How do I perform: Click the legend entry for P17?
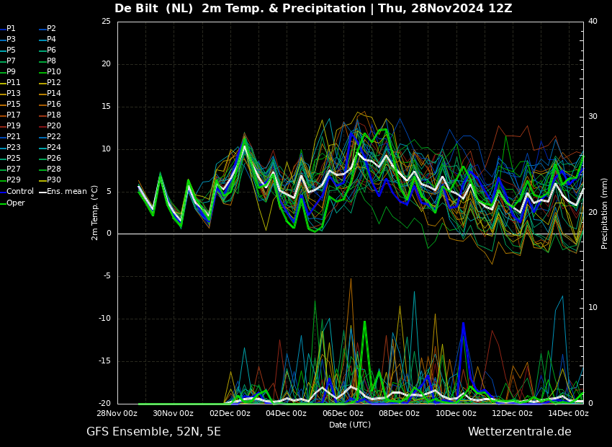[14, 115]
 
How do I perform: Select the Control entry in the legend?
[19, 192]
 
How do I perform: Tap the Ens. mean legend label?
[66, 192]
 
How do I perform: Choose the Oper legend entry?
[16, 203]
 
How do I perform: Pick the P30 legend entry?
[54, 180]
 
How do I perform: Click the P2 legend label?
[51, 29]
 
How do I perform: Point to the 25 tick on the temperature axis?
[106, 22]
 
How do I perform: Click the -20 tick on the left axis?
[104, 404]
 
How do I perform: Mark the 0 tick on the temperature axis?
[109, 234]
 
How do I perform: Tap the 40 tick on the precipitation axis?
[593, 22]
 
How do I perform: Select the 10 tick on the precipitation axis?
[593, 308]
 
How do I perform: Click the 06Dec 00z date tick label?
[343, 414]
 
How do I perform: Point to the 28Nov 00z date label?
[117, 414]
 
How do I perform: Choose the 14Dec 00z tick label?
[568, 414]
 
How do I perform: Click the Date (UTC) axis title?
[350, 425]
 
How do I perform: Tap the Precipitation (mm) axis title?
[605, 213]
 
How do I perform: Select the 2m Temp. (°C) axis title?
[95, 213]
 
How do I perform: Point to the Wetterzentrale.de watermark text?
[519, 432]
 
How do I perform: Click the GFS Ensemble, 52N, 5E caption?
[153, 432]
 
